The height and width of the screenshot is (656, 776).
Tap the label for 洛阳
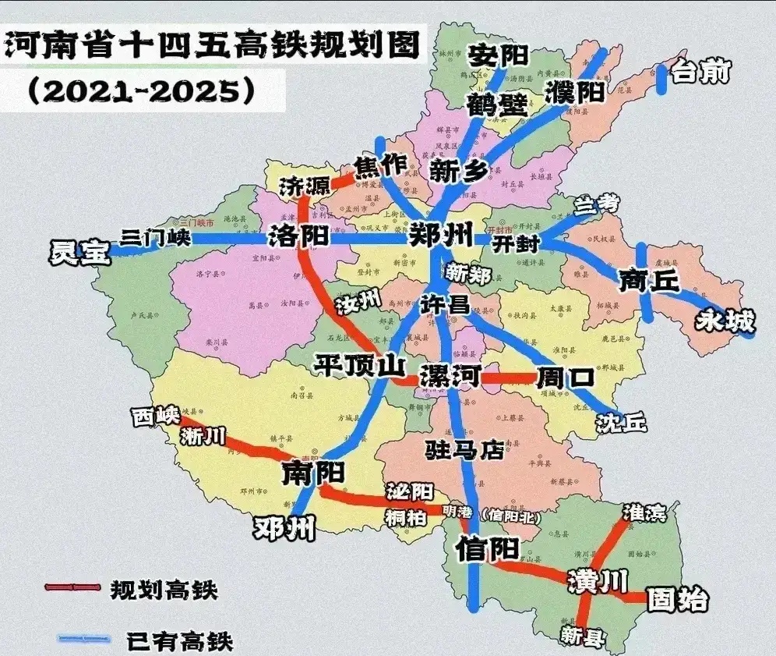(300, 235)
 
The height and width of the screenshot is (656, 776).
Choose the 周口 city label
(565, 378)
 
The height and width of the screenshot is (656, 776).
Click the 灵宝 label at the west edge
(79, 253)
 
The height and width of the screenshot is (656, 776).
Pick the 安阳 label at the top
(497, 55)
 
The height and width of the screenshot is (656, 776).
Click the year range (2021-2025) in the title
(140, 91)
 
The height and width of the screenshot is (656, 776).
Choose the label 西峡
(156, 417)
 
